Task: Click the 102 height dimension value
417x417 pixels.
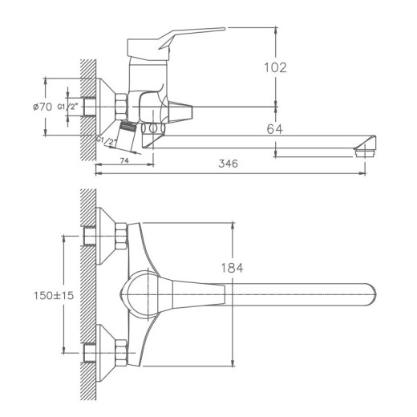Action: click(273, 68)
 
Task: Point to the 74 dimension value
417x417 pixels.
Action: click(123, 161)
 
